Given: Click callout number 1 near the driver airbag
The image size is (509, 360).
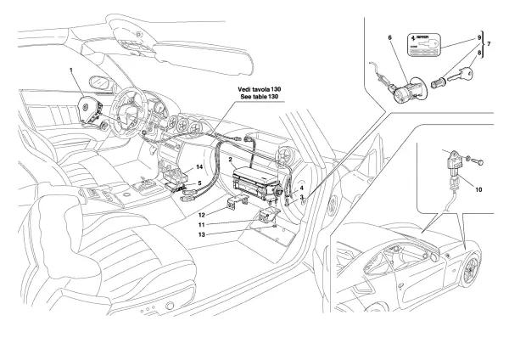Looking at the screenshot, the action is tap(72, 70).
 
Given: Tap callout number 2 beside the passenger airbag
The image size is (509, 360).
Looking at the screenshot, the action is tap(230, 160).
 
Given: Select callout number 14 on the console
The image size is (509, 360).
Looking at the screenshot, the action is tap(199, 166).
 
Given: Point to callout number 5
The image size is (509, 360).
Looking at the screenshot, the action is tap(199, 183).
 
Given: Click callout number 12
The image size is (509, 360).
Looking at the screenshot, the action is tap(202, 215).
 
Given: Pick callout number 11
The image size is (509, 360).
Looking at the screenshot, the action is tap(202, 225).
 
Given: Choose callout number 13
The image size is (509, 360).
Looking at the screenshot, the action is tap(202, 234).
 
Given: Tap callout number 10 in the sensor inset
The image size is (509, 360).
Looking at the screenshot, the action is tap(478, 189).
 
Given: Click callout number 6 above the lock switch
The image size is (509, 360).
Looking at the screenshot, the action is tap(390, 37).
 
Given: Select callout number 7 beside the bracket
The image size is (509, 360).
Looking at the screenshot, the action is tap(489, 44).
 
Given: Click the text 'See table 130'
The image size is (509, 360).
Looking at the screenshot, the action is tap(260, 97).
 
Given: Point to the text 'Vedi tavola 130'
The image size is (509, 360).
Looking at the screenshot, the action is tap(260, 89).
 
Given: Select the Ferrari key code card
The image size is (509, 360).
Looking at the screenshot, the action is tap(423, 45).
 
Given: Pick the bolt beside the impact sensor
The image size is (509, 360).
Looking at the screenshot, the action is tap(477, 160).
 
